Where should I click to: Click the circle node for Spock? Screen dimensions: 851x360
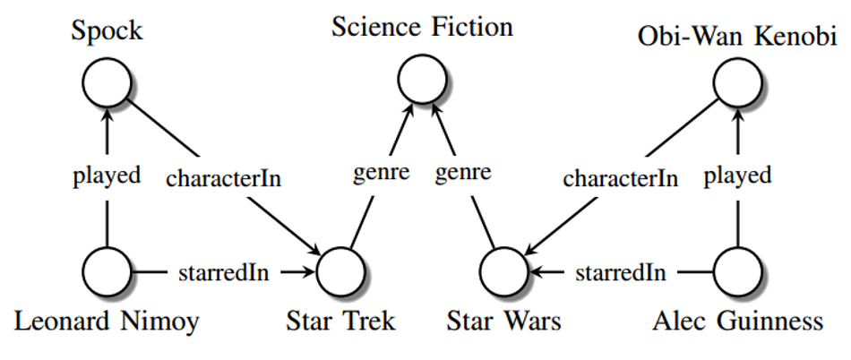pos(107,82)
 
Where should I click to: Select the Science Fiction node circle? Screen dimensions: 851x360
pos(422,80)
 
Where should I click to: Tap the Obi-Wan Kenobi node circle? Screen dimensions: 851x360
pos(737,82)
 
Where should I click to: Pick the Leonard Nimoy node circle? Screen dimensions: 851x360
pos(107,271)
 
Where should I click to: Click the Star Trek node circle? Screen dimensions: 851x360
pos(340,271)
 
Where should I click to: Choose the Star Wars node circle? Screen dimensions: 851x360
pos(503,271)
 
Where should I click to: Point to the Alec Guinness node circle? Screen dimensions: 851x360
pos(737,271)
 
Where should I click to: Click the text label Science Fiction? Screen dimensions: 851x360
pos(422,27)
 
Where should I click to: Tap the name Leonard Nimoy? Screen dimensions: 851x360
pos(107,322)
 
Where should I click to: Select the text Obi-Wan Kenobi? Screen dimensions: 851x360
pos(737,38)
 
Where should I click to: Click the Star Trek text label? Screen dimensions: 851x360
pos(340,322)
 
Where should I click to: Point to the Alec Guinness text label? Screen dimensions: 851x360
pos(737,322)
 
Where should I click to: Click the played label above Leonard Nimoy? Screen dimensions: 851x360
pos(107,176)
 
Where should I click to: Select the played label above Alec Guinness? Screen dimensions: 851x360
pos(737,176)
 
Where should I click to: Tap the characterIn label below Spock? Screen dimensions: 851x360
pos(224,178)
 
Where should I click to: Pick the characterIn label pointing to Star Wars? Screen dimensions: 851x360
pos(621,178)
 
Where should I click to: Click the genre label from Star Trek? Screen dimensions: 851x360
pos(381,174)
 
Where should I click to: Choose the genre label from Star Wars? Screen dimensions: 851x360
pos(463,174)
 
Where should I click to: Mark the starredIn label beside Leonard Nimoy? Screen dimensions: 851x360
pos(224,273)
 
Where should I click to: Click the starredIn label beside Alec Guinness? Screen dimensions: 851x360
pos(621,273)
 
